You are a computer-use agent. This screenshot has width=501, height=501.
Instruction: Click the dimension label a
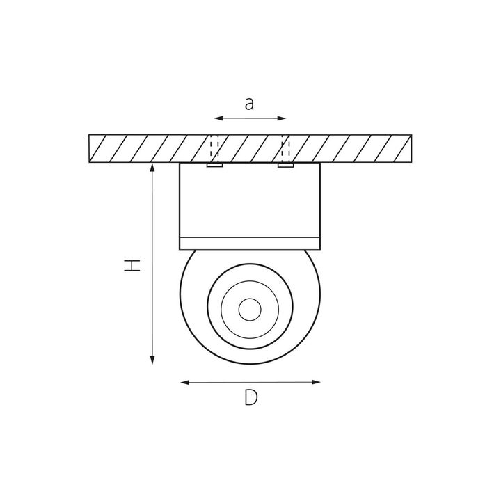250,104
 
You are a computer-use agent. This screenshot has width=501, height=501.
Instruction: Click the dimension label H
132,264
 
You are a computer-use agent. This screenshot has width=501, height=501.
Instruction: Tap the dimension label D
251,398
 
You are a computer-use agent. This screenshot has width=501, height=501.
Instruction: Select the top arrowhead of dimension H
152,168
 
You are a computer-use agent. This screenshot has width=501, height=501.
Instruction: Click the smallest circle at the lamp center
249,308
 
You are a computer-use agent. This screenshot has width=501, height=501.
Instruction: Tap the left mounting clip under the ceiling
215,166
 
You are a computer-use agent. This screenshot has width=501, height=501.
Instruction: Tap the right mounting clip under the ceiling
285,166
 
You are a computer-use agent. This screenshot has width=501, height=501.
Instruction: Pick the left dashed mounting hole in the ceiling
215,148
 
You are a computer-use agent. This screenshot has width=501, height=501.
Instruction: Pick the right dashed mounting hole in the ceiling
285,148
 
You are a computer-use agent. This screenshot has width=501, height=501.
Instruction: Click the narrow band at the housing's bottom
250,243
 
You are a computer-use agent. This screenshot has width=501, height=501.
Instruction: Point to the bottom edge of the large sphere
250,364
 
